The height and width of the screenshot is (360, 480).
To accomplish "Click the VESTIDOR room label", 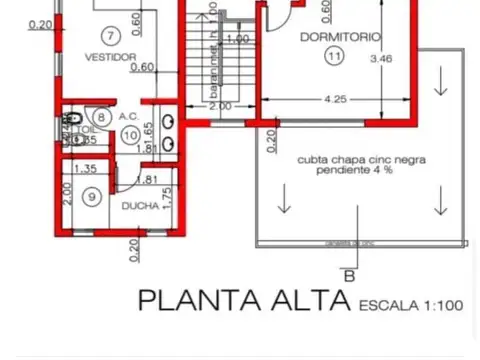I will [110, 57].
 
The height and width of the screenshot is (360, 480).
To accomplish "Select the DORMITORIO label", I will [340, 37].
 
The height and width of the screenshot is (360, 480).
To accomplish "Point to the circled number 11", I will [333, 57].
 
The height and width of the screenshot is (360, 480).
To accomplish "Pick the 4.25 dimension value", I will [335, 100].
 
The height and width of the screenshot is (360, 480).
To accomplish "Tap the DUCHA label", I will [138, 206].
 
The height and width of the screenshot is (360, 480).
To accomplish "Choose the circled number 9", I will [92, 197].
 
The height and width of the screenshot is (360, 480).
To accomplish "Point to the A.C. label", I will [128, 116].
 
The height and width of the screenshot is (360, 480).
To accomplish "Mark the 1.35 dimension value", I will [86, 169].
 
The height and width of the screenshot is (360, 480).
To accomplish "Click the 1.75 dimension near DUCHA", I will [168, 196].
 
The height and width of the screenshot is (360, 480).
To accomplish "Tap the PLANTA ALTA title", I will [243, 299].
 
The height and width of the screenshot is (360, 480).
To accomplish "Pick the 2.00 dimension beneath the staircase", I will [219, 106].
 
